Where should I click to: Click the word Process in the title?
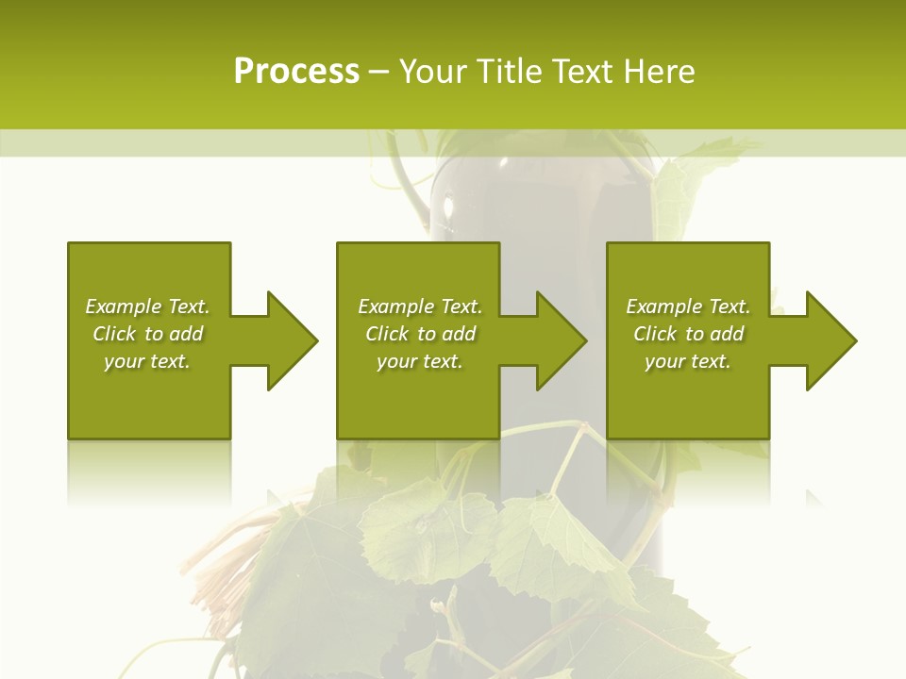(x=296, y=72)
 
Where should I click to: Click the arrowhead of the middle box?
(x=561, y=340)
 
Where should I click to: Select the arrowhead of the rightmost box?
(x=830, y=340)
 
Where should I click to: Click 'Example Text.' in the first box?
(x=147, y=306)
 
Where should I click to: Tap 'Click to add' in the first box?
(x=147, y=334)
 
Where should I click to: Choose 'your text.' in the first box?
(x=147, y=361)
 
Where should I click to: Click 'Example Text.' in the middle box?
(x=420, y=306)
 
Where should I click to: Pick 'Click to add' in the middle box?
(x=420, y=334)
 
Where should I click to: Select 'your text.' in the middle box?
(x=420, y=361)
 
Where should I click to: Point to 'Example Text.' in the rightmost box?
(x=688, y=306)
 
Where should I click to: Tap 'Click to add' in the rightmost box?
(x=688, y=334)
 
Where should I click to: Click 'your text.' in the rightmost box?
(x=688, y=361)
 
